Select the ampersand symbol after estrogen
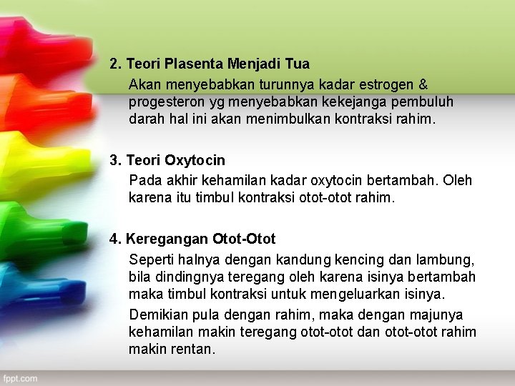[423, 84]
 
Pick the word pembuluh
[421, 102]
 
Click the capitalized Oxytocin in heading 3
[195, 160]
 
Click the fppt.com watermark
[19, 378]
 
